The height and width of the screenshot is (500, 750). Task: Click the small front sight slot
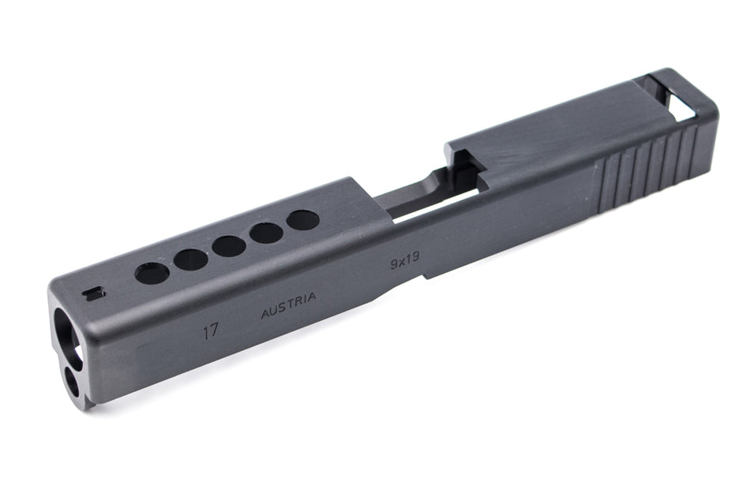[93, 294]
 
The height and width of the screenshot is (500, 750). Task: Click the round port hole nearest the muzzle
[152, 273]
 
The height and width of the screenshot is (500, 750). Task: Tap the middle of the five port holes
[228, 246]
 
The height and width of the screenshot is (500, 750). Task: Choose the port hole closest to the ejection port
[302, 220]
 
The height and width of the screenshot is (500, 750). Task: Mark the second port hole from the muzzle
[191, 259]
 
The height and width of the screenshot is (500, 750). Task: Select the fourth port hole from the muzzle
[266, 233]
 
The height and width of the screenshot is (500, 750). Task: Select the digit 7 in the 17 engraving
[215, 330]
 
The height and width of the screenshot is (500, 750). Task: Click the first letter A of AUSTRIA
[265, 313]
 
